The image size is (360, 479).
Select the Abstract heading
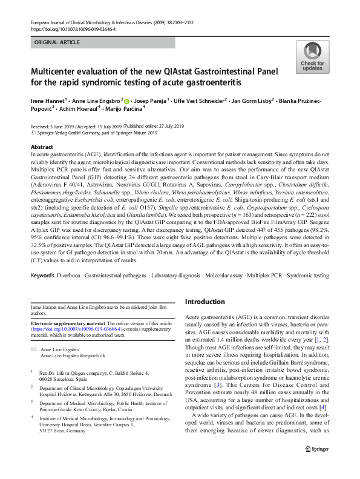point(41,148)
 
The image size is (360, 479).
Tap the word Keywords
point(43,276)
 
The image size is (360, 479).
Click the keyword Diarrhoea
point(76,276)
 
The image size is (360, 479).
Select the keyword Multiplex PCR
point(254,276)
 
